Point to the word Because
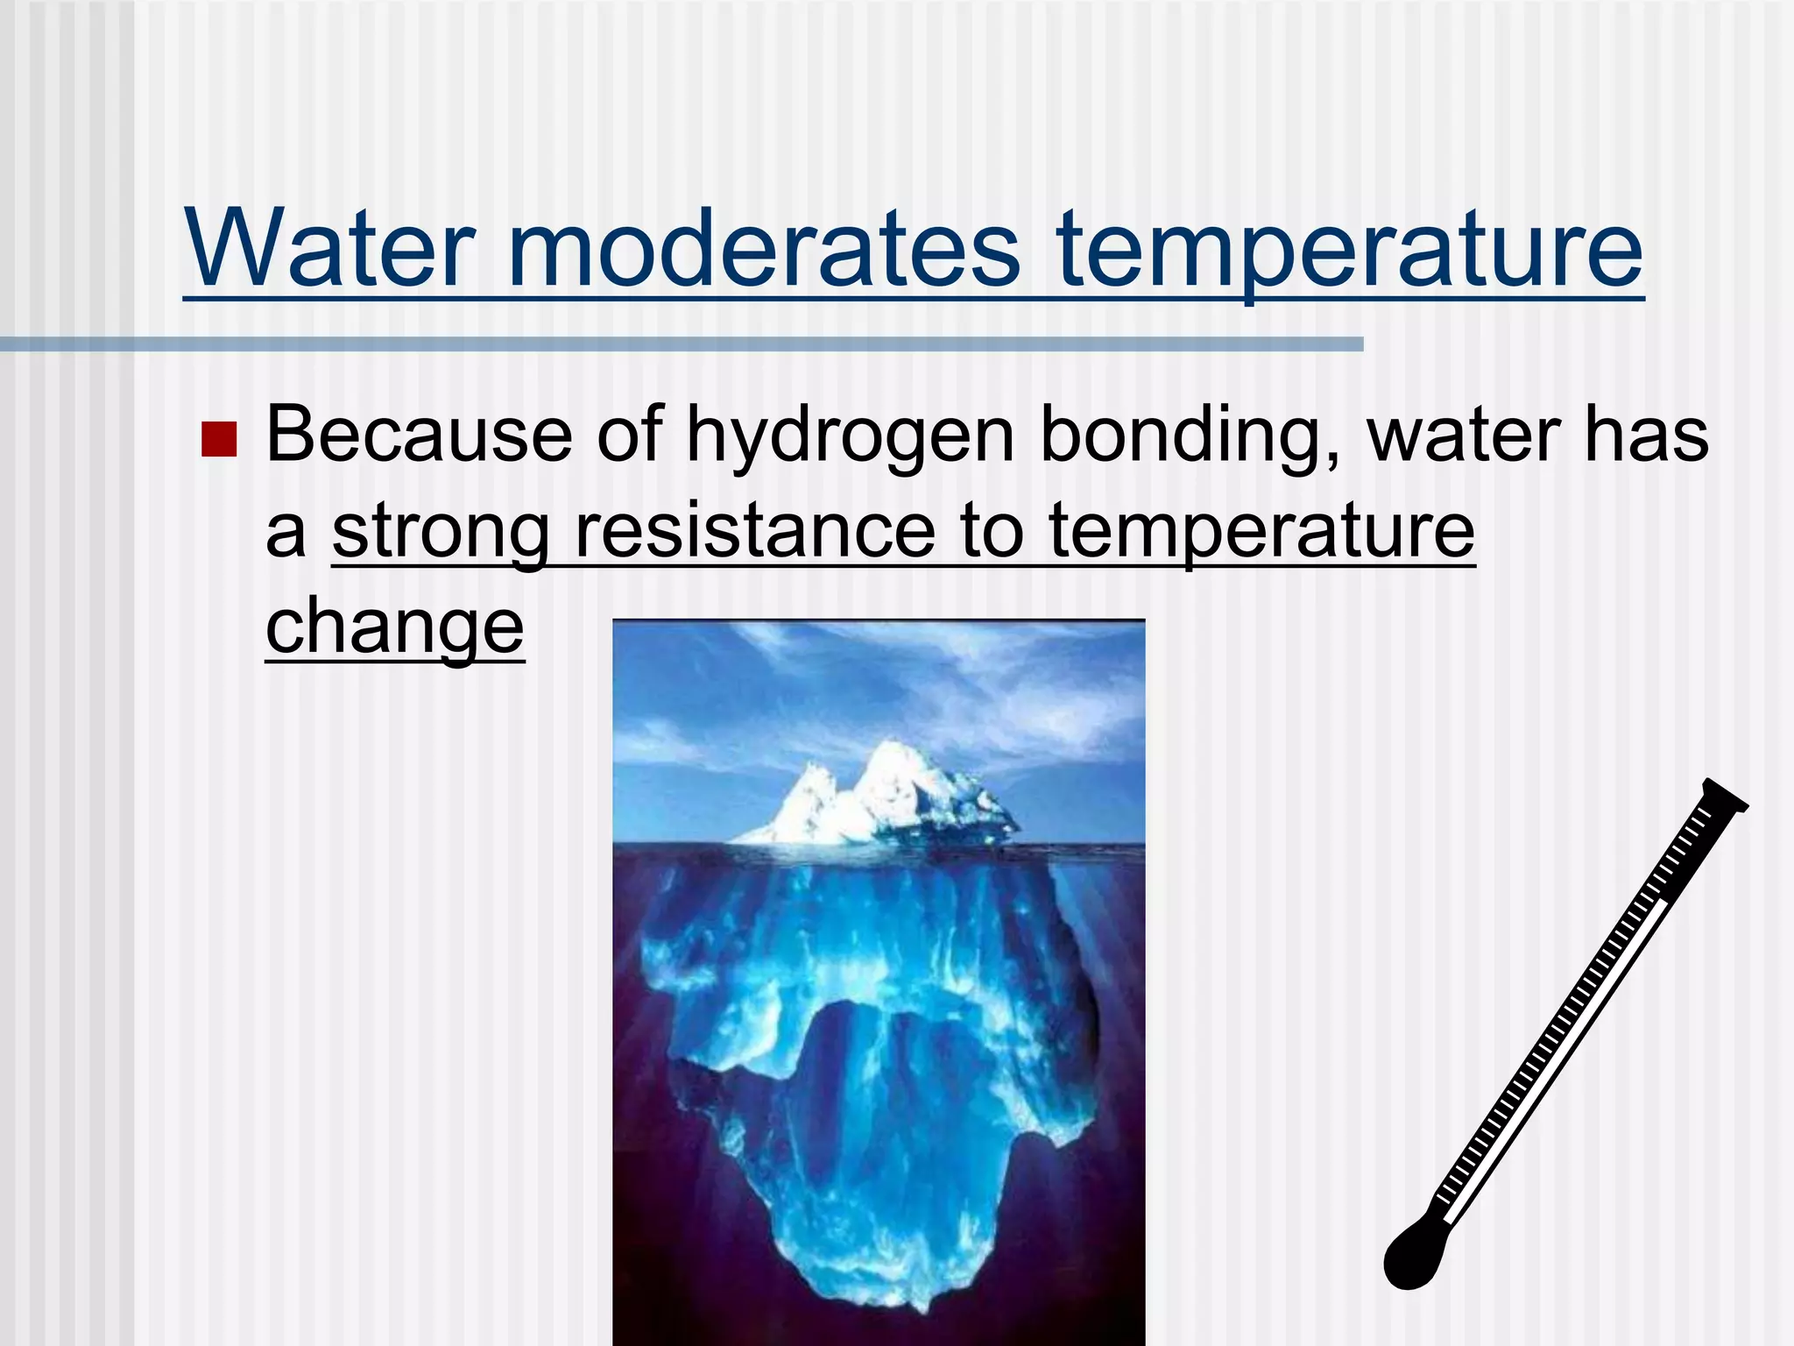pyautogui.click(x=420, y=435)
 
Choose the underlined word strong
pyautogui.click(x=441, y=533)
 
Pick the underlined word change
pyautogui.click(x=394, y=627)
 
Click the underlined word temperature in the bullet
pyautogui.click(x=1261, y=531)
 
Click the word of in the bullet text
pyautogui.click(x=630, y=435)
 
